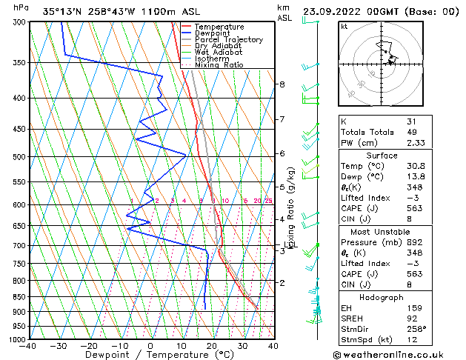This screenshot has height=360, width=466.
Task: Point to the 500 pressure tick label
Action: point(19,157)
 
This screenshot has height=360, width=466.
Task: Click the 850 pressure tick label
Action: point(19,296)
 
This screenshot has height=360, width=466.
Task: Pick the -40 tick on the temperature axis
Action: point(28,346)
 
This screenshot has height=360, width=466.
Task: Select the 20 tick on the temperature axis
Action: point(212,346)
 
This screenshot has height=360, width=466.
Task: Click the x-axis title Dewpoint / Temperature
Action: point(150,355)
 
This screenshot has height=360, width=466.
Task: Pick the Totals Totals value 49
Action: point(412,132)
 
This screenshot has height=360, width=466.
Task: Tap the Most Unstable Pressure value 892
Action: point(415,241)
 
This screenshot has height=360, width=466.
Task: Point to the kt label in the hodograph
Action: point(344,26)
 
